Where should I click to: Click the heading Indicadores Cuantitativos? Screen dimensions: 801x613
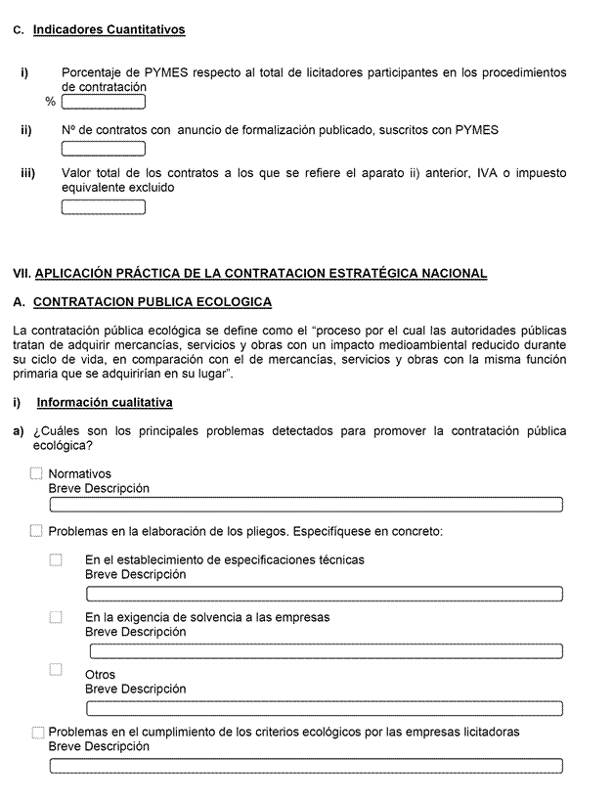click(x=109, y=30)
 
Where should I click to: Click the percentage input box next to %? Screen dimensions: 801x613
click(x=104, y=102)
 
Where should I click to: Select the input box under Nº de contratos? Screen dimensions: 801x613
click(x=104, y=149)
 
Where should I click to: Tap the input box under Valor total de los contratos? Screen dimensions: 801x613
click(x=104, y=206)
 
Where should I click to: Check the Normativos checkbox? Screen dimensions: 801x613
click(x=37, y=474)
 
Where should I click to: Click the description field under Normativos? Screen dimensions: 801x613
click(x=306, y=505)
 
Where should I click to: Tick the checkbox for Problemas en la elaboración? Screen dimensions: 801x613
click(x=37, y=531)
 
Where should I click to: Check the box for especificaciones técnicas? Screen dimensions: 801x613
click(x=56, y=560)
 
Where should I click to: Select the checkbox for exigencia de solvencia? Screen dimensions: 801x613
click(x=56, y=617)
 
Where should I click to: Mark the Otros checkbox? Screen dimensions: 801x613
click(x=56, y=670)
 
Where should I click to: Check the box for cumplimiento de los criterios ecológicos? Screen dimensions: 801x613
click(x=38, y=733)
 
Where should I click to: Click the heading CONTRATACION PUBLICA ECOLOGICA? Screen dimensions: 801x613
click(x=153, y=302)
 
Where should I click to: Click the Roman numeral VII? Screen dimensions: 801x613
click(x=22, y=274)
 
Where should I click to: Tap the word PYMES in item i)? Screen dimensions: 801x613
click(x=167, y=73)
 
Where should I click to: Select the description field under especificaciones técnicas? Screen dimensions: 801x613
click(x=325, y=594)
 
